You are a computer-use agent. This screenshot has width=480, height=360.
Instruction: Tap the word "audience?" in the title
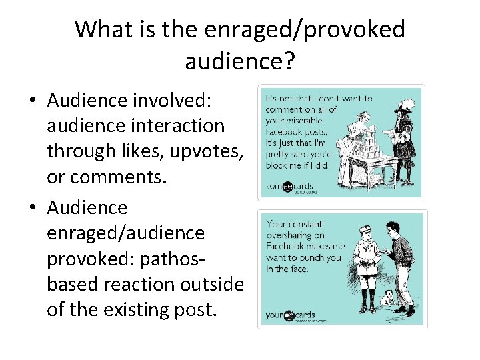239,61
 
